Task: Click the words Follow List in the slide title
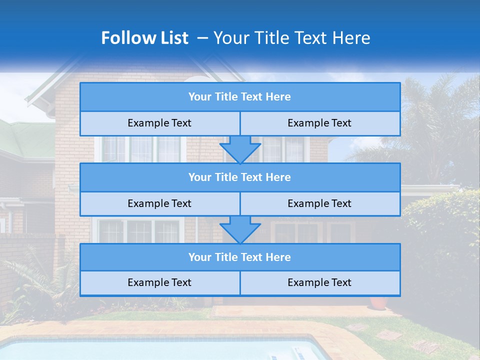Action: (144, 38)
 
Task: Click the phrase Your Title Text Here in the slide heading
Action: (292, 38)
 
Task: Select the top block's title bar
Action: (240, 97)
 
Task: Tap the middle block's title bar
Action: (240, 177)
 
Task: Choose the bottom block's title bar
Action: (240, 257)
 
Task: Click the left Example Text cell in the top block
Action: (159, 123)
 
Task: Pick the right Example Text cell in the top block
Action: (319, 123)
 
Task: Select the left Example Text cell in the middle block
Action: (159, 204)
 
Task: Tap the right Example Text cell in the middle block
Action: (319, 204)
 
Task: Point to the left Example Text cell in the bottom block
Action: (159, 283)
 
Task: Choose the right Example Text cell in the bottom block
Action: (319, 283)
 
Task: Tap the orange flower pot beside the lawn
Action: (379, 302)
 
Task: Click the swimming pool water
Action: (150, 350)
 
